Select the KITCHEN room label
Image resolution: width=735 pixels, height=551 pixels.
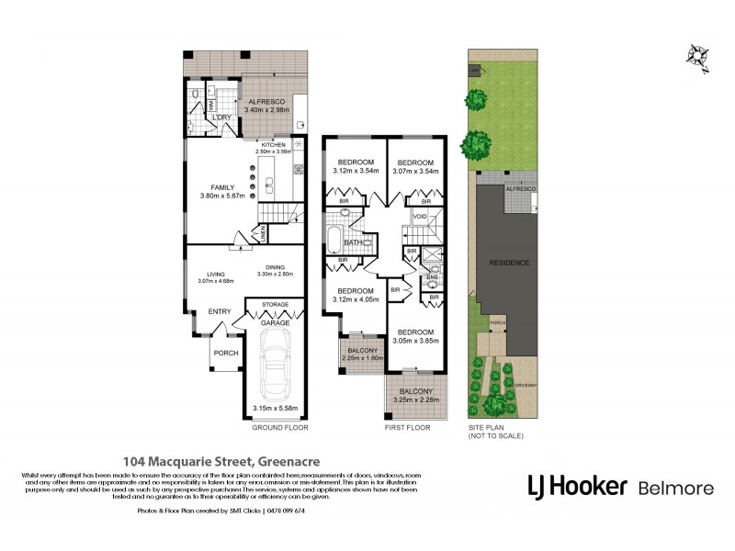pyautogui.click(x=274, y=144)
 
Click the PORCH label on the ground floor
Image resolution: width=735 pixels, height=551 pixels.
pyautogui.click(x=225, y=353)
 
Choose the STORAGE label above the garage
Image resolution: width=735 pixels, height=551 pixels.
pyautogui.click(x=275, y=304)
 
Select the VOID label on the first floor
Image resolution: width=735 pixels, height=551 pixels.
pyautogui.click(x=420, y=217)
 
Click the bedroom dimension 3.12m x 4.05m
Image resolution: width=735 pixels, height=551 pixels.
pyautogui.click(x=354, y=298)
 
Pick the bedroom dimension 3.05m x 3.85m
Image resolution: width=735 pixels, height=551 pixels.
pyautogui.click(x=415, y=340)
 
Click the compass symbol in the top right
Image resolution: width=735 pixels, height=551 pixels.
pyautogui.click(x=698, y=56)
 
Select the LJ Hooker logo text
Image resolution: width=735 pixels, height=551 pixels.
pyautogui.click(x=576, y=487)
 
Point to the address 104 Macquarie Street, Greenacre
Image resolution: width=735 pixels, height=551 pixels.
pyautogui.click(x=202, y=463)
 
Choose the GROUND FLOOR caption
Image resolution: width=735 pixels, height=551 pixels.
pyautogui.click(x=279, y=428)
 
